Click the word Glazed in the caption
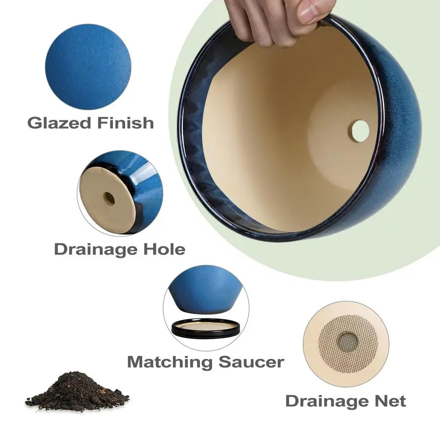(x=59, y=122)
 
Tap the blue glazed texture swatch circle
(x=88, y=66)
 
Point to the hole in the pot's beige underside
(x=109, y=198)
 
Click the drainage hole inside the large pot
(x=360, y=131)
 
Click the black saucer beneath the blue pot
(x=206, y=329)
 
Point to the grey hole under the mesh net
(x=348, y=341)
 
